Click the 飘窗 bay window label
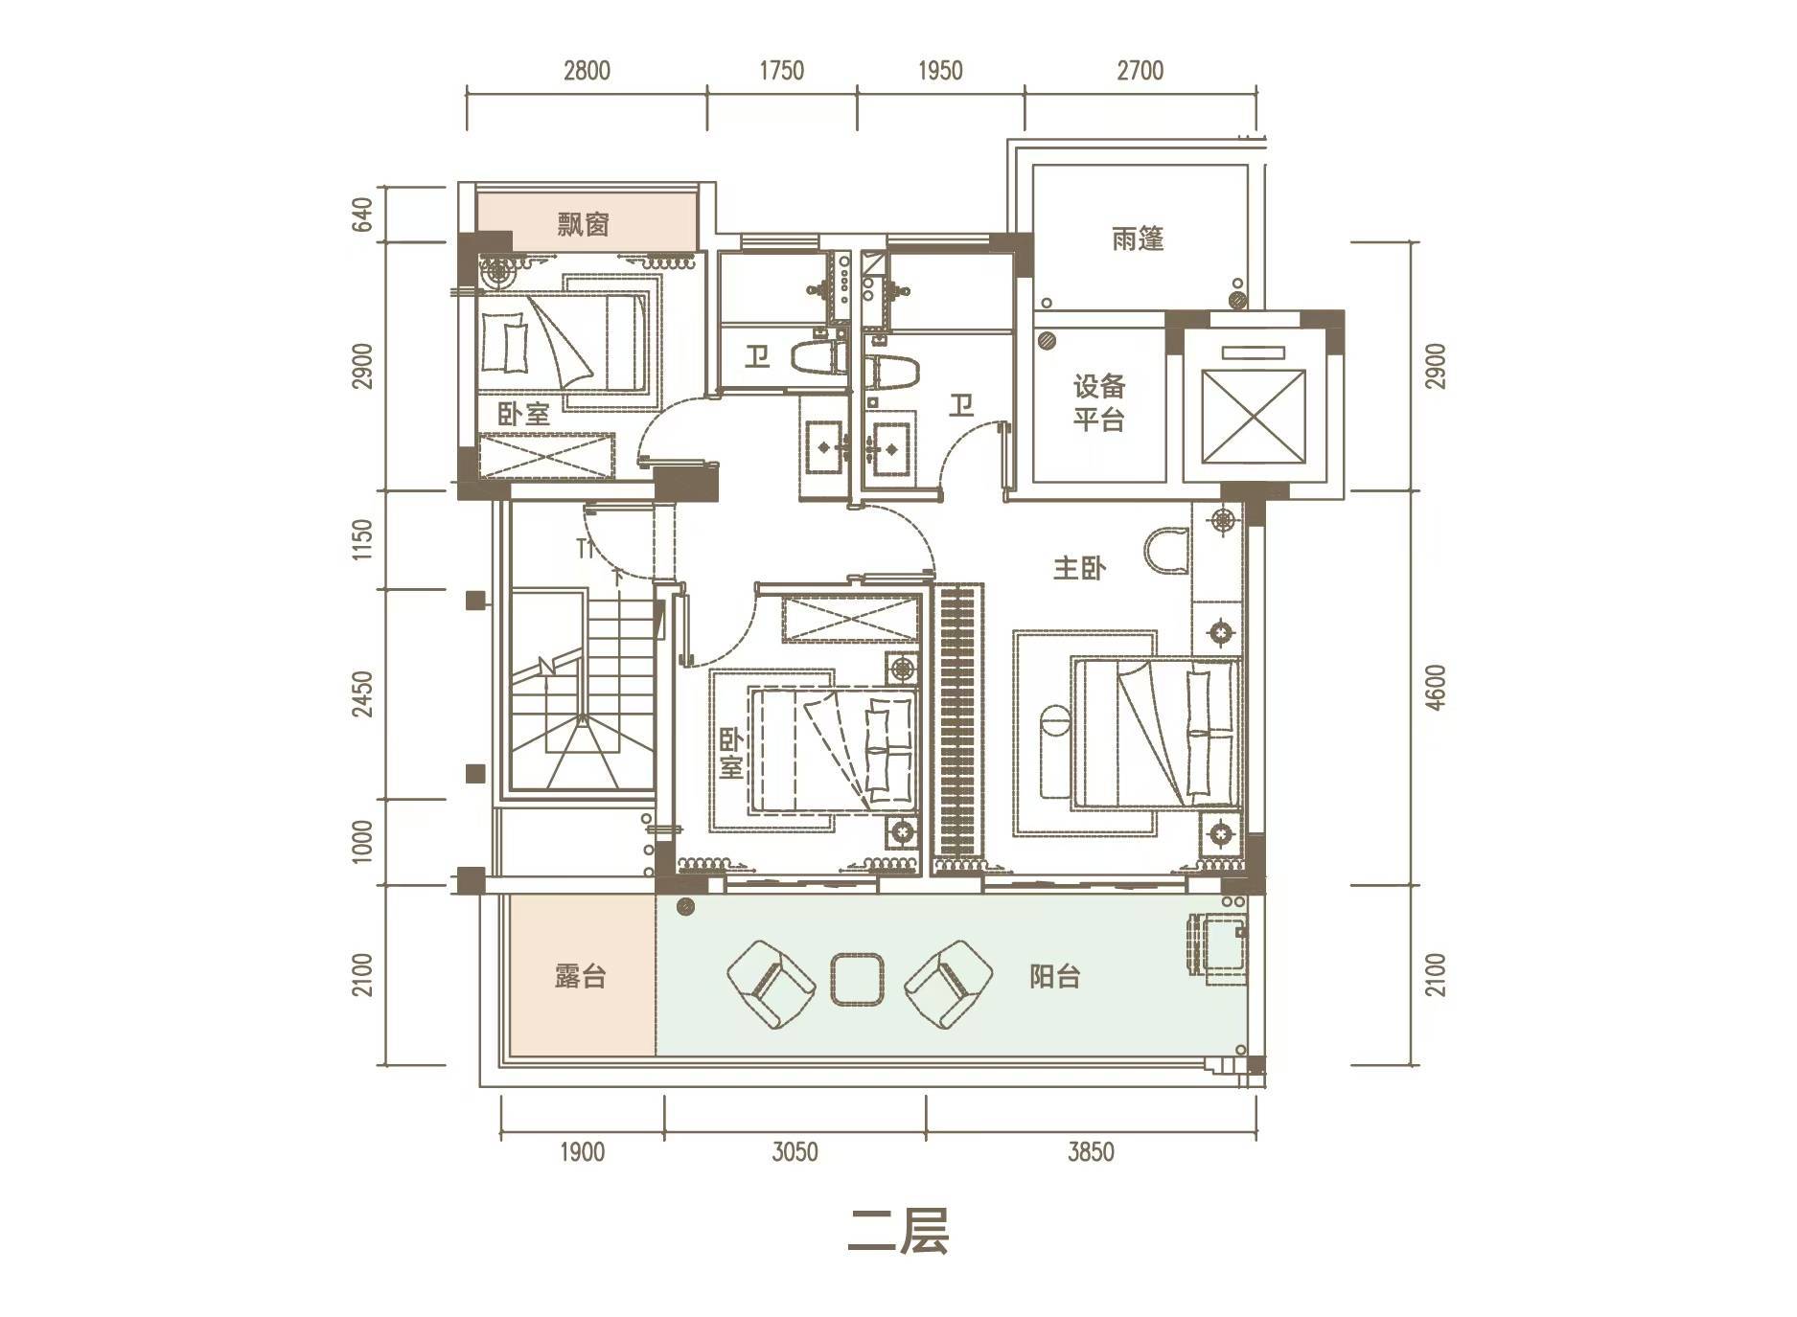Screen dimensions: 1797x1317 [x=583, y=225]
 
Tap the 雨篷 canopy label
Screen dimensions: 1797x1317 [x=1138, y=238]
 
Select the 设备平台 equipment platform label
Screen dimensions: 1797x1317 [x=1098, y=403]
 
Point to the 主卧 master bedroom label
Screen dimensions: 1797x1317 [x=1079, y=568]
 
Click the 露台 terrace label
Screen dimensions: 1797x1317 [x=580, y=976]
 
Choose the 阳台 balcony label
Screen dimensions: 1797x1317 [x=1054, y=976]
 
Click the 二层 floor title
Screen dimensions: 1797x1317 [x=898, y=1231]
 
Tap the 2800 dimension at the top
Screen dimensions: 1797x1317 [x=587, y=71]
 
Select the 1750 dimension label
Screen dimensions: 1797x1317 [x=781, y=71]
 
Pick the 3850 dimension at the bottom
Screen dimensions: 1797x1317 [x=1091, y=1151]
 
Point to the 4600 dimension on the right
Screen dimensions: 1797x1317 [x=1435, y=688]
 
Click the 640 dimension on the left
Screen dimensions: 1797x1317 [x=361, y=214]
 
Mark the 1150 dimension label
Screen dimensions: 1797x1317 [x=361, y=539]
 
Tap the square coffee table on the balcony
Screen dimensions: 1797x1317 [x=858, y=979]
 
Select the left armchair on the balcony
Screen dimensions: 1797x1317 [x=771, y=985]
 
